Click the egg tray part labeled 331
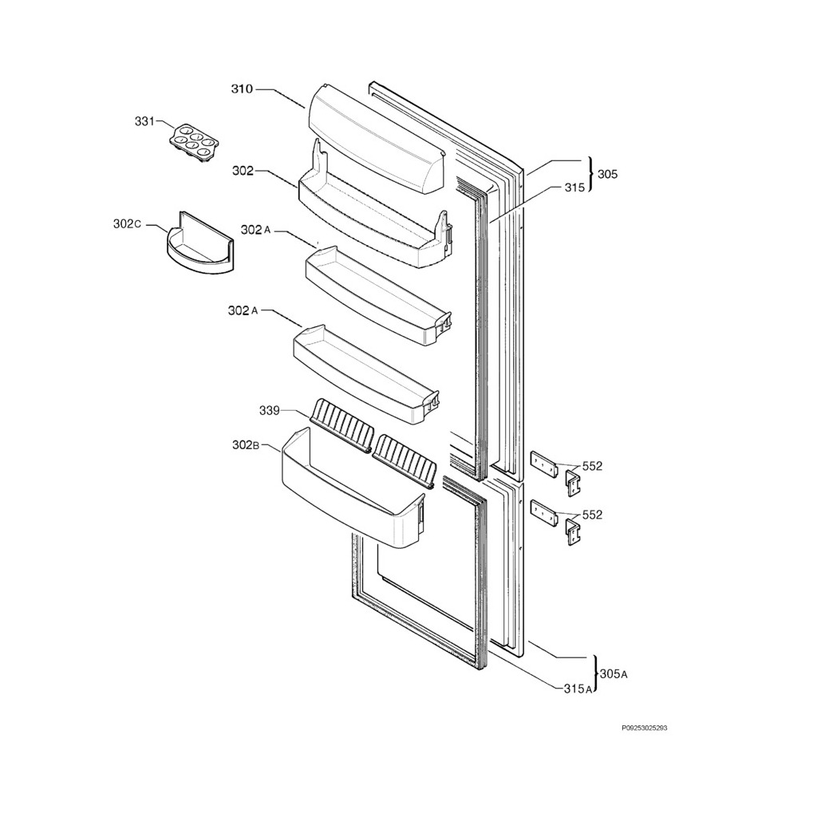point(194,143)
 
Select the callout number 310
point(242,89)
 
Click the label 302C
point(127,224)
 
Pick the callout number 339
point(269,411)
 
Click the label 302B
point(246,445)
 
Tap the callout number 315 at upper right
point(574,187)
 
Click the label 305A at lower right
point(614,674)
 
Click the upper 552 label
point(592,467)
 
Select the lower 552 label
point(592,515)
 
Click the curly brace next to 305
point(590,174)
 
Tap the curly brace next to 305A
point(595,674)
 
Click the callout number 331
point(144,121)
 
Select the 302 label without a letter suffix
point(243,171)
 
